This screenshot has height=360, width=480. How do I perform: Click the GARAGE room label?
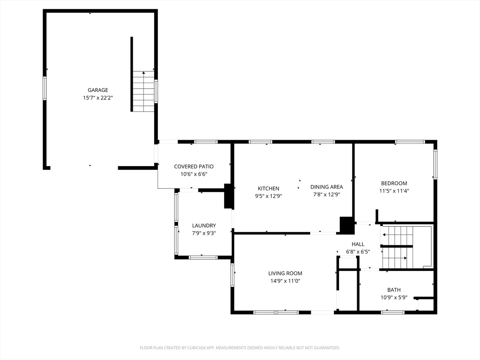[x=98, y=90]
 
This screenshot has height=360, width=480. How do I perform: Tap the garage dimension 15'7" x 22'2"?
[x=98, y=98]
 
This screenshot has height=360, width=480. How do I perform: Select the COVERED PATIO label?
[x=194, y=166]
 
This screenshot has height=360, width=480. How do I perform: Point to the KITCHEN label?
[x=269, y=188]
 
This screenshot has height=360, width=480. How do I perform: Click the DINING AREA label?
[x=327, y=187]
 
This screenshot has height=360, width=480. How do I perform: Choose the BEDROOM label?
[x=394, y=183]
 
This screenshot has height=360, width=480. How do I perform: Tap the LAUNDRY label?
[x=204, y=225]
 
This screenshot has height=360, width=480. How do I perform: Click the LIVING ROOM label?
[x=285, y=273]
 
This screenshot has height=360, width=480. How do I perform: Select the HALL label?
[x=358, y=244]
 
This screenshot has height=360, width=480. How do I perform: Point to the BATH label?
[x=394, y=290]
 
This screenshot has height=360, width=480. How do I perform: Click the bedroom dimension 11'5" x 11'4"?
[x=394, y=191]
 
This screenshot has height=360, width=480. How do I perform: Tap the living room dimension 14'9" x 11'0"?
[x=285, y=281]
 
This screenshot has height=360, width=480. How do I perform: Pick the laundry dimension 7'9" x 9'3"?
[x=204, y=233]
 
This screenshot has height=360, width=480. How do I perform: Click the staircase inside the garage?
[x=143, y=91]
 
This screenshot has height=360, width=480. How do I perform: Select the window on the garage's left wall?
[x=45, y=88]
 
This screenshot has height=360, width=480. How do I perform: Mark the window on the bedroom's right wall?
[x=435, y=164]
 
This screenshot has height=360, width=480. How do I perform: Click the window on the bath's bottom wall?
[x=393, y=312]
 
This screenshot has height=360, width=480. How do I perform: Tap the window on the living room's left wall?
[x=232, y=275]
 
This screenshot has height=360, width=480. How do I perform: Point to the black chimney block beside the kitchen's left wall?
[x=228, y=196]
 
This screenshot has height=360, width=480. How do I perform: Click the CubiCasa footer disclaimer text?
[x=240, y=348]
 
